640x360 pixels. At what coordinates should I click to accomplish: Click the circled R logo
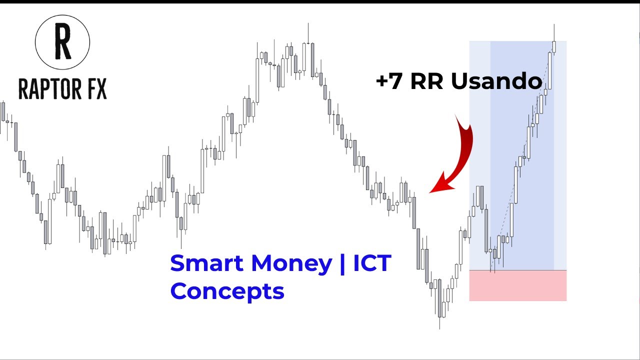coord(62,41)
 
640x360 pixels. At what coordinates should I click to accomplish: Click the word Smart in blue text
coord(207,263)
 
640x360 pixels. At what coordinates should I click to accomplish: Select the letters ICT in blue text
coord(372,263)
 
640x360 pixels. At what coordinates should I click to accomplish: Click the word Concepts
coord(227,291)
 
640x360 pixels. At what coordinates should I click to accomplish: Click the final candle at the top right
coord(554,46)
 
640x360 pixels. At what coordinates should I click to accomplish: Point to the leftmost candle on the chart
coord(3,111)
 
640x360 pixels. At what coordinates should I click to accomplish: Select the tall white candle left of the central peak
coord(257,80)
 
